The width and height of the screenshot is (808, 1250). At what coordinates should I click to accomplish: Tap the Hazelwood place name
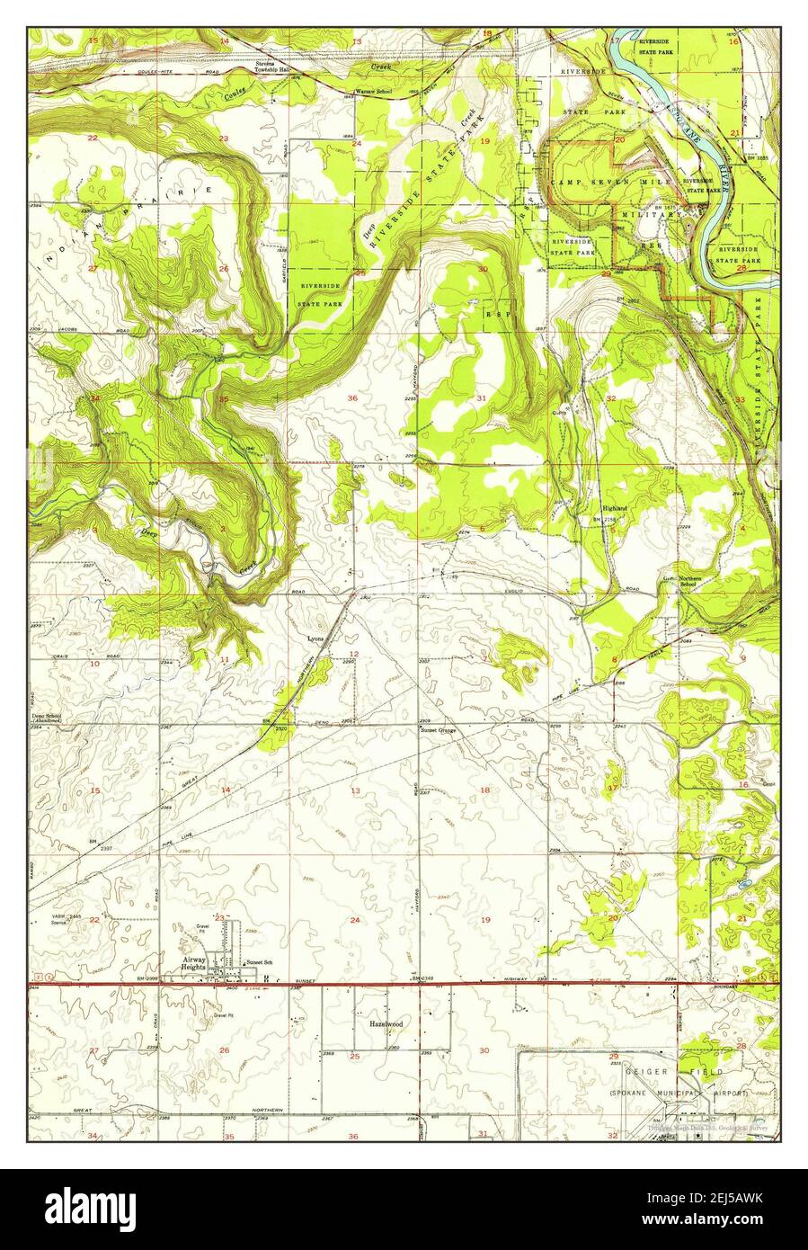point(385,1024)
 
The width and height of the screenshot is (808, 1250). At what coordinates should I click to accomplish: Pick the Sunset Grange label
point(440,730)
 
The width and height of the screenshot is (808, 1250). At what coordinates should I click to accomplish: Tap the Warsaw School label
point(372,93)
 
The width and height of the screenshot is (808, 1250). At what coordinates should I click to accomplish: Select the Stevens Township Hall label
point(274,67)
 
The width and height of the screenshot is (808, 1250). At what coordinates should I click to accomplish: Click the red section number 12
point(354,654)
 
